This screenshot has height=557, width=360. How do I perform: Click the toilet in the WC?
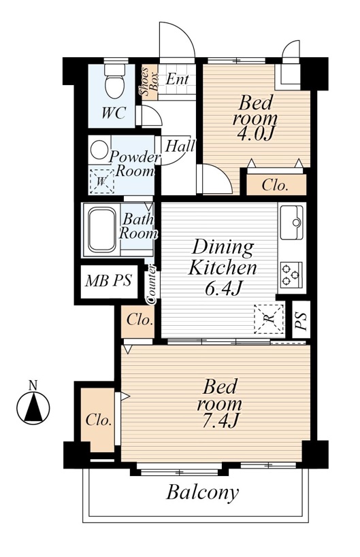click(x=114, y=81)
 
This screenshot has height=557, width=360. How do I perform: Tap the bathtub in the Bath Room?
click(x=102, y=230)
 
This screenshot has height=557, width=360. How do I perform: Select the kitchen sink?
click(x=291, y=222)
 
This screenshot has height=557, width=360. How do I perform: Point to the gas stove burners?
click(x=291, y=275)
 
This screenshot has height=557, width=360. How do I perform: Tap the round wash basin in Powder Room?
click(x=99, y=149)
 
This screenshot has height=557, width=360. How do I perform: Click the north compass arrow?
click(x=33, y=407)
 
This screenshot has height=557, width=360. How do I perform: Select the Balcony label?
click(x=203, y=494)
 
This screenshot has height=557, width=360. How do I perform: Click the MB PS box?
click(x=109, y=282)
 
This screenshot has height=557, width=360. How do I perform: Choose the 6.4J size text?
click(x=223, y=288)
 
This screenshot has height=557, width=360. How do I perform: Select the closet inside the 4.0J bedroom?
click(x=276, y=185)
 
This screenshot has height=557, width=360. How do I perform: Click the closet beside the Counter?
click(x=139, y=322)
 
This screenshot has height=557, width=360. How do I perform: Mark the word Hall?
click(x=180, y=146)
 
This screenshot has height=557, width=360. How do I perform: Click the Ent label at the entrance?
click(x=177, y=79)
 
